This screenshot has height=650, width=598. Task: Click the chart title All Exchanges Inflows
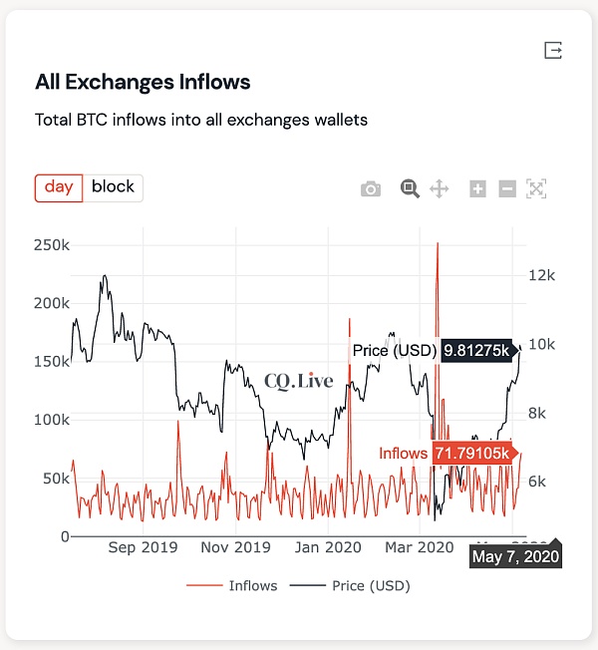143,82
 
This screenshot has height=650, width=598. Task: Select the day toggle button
59,187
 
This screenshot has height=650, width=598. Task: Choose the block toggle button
113,187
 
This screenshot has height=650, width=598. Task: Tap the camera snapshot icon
371,188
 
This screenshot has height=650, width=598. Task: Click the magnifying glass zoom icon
409,188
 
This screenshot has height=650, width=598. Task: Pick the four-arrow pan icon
439,188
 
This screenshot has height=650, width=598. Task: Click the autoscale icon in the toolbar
536,188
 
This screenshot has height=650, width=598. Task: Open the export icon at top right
553,50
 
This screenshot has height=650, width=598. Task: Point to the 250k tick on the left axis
50,245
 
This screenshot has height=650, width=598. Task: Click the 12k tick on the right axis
541,275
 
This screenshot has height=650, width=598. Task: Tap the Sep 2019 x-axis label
142,547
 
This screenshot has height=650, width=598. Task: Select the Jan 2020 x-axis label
328,547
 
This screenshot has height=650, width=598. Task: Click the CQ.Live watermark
299,381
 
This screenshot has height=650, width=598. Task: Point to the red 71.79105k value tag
472,454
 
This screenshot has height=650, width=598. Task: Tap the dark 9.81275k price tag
475,350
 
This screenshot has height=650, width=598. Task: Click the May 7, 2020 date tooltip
515,556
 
